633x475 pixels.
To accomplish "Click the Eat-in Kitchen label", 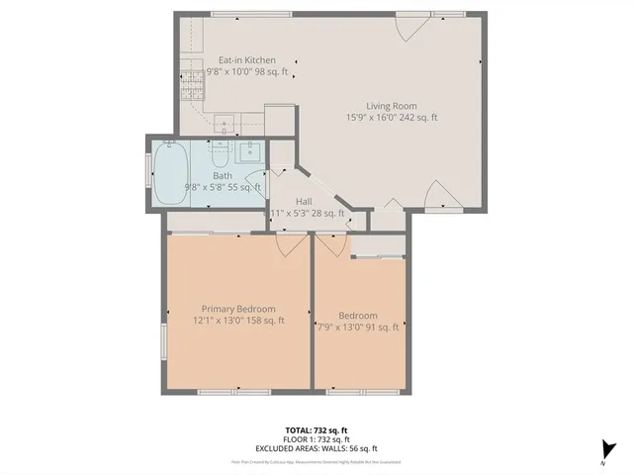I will [246, 60].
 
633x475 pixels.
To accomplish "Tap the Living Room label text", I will [391, 106].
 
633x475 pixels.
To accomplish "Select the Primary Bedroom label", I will [238, 308].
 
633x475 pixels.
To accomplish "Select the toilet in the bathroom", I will [220, 153].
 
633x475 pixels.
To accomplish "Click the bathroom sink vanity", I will [248, 153].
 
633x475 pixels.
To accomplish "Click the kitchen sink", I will [226, 124].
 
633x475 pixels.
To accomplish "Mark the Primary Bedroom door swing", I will [291, 243].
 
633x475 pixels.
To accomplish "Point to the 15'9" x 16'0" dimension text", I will [392, 117].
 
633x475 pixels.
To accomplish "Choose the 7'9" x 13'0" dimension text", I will [357, 327].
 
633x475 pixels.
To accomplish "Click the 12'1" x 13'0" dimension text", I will [238, 320].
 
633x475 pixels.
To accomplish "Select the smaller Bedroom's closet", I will [378, 246].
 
